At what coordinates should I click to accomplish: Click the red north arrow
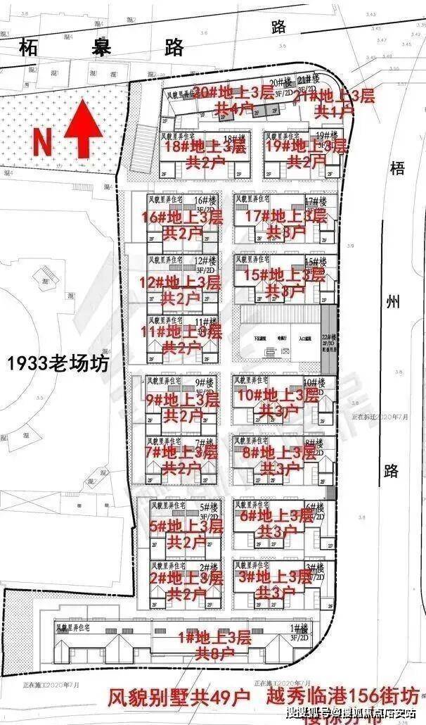point(82,129)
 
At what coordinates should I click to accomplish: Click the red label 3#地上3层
point(276,577)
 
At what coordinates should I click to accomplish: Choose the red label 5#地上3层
point(186,525)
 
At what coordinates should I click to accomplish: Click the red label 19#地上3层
point(305,146)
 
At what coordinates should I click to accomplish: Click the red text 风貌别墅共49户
point(179,698)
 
